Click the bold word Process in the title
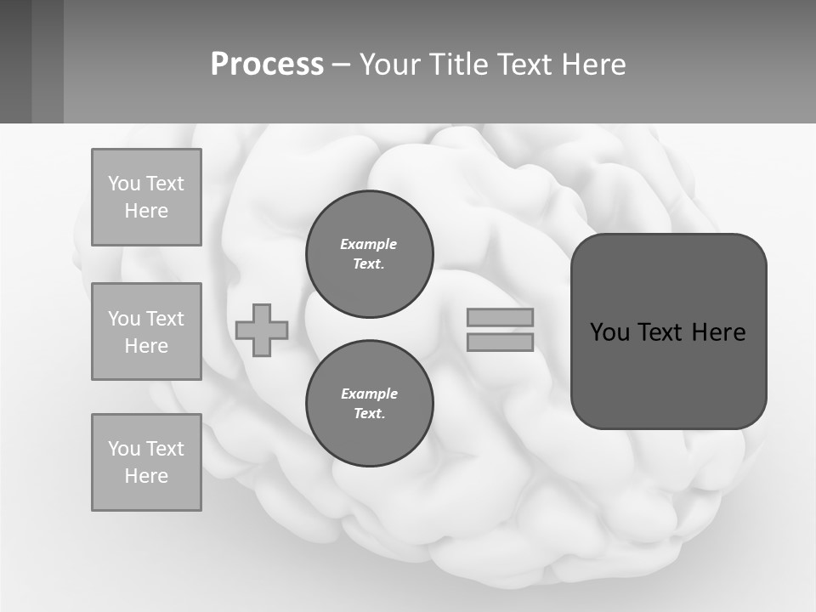pos(267,64)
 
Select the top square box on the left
pos(146,197)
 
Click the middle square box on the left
pos(146,331)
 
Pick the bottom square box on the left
pos(146,462)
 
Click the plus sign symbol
pos(262,330)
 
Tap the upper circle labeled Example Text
pos(370,254)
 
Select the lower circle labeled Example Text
pos(370,404)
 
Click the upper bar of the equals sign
pos(501,317)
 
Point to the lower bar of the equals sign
pos(501,342)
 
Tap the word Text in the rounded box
pos(660,332)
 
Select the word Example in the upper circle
pos(369,244)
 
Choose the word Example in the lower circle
pos(369,394)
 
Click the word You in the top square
pos(124,184)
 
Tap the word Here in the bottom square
pos(146,476)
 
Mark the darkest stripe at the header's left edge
pos(15,61)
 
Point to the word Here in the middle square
pos(146,346)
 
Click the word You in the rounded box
pos(609,332)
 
